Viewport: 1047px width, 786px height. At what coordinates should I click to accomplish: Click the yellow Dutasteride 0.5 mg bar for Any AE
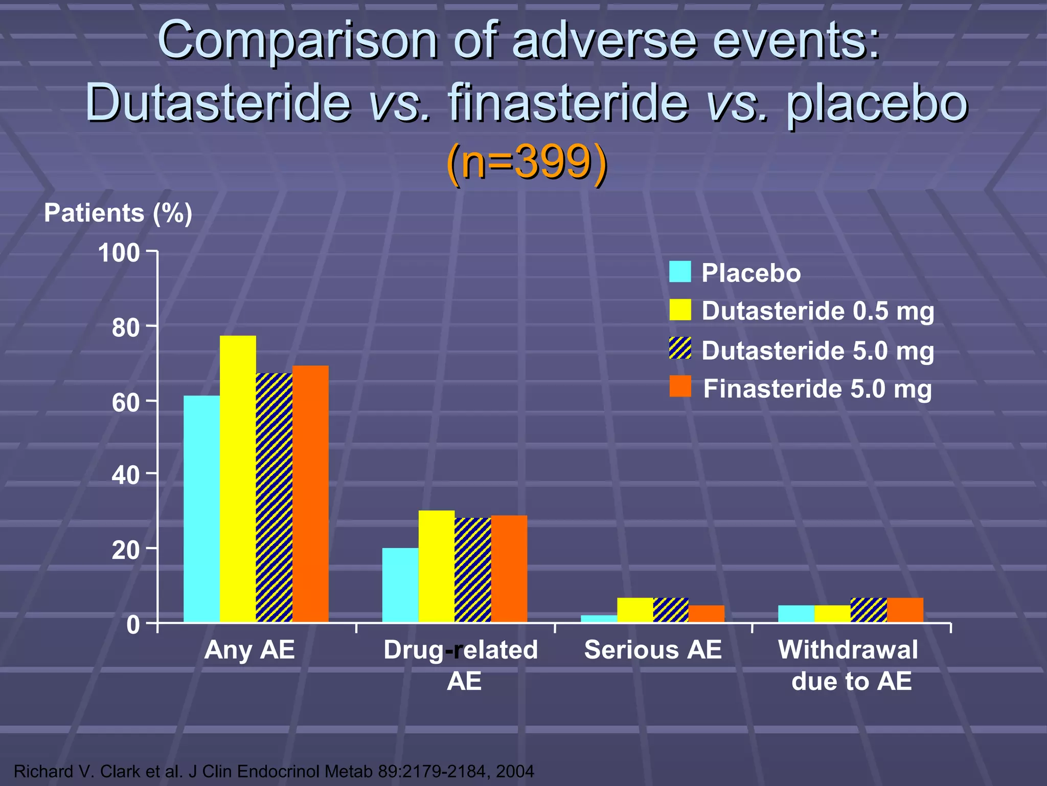point(238,478)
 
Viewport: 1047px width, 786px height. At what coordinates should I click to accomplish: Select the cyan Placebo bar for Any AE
point(201,509)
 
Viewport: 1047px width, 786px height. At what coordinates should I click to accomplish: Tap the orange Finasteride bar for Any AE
point(310,494)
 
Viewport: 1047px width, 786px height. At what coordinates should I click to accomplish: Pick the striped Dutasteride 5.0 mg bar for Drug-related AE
point(472,570)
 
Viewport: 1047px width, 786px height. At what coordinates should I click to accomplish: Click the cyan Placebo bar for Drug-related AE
point(400,585)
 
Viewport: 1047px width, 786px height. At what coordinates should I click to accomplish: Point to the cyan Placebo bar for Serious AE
point(599,619)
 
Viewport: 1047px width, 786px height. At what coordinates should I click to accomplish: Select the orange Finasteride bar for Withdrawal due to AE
point(905,610)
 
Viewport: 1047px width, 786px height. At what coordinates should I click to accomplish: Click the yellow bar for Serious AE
point(635,610)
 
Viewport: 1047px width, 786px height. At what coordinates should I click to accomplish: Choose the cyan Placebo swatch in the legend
point(680,272)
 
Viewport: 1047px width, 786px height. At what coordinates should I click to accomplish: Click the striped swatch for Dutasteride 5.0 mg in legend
point(680,348)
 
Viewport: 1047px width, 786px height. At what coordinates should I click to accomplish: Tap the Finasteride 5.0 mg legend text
point(817,389)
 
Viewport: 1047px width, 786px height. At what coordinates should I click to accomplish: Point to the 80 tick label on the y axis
point(126,328)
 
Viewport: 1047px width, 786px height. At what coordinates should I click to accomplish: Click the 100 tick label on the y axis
point(119,253)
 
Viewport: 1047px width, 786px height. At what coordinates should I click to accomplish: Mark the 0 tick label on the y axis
point(133,625)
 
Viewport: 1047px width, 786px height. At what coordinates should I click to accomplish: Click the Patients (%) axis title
point(118,213)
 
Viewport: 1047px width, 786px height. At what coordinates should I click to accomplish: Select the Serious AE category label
point(652,650)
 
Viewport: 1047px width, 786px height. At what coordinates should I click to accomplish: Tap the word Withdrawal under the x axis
point(848,650)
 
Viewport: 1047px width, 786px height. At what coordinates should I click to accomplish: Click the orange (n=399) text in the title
point(527,162)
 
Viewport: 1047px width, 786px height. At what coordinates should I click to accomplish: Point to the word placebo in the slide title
point(876,102)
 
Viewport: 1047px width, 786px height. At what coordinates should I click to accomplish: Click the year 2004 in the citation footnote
point(515,771)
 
